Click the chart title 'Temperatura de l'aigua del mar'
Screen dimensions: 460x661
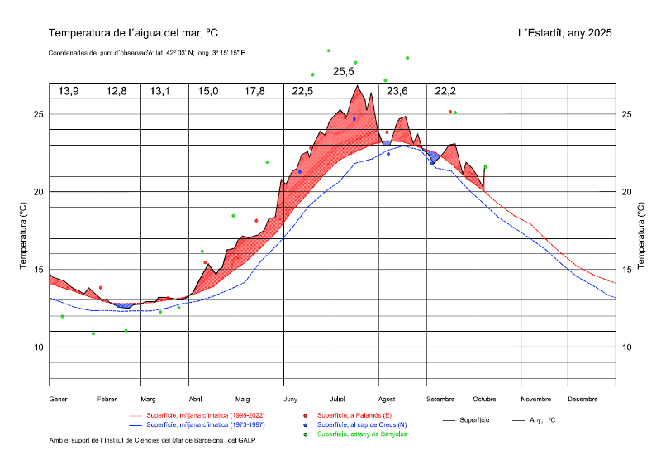[133, 33]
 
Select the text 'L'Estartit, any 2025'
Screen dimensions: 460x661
[564, 33]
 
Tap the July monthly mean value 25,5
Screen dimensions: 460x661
[344, 72]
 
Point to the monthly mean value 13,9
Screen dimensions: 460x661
[69, 91]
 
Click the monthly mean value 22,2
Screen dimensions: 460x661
[445, 91]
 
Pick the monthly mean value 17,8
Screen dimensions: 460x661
[255, 91]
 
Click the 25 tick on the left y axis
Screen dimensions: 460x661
[38, 114]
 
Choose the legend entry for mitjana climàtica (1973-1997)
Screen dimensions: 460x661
[206, 424]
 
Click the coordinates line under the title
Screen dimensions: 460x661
[147, 53]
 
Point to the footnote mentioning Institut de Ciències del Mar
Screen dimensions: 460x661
[152, 441]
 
